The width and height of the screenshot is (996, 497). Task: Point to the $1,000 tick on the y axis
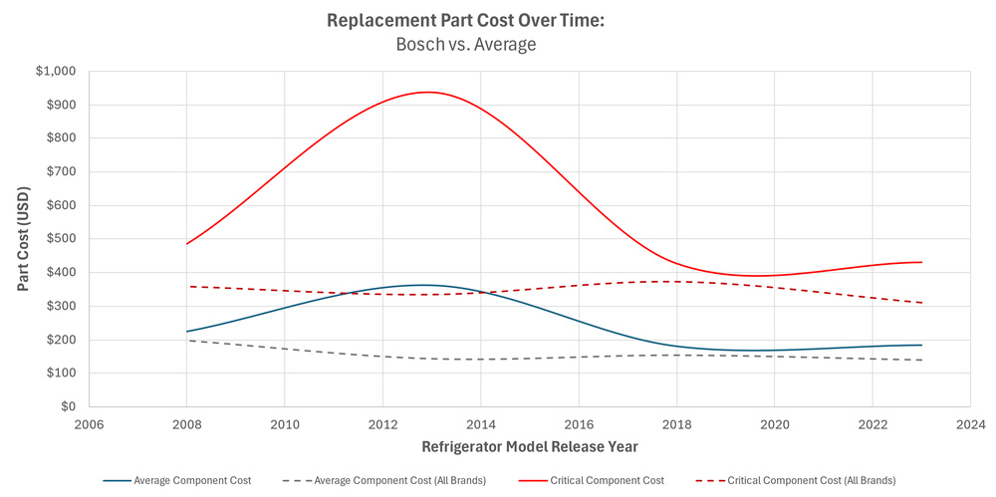[55, 72]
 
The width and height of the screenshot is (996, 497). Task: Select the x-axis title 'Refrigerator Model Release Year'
[529, 446]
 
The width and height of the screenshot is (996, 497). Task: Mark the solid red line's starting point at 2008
[187, 244]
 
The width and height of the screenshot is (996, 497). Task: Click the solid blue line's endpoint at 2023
[921, 345]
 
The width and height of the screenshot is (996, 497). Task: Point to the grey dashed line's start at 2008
[187, 341]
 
